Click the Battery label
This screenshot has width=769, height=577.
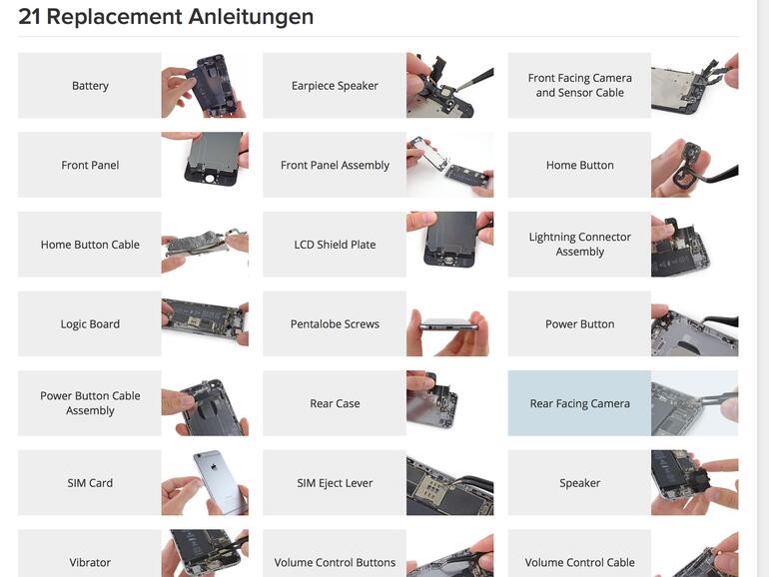[x=90, y=86]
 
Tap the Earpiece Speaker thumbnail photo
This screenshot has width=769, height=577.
[x=449, y=86]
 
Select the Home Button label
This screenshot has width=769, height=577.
[x=579, y=166]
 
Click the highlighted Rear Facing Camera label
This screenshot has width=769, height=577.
[x=579, y=404]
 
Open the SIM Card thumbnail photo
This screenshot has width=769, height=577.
[x=205, y=483]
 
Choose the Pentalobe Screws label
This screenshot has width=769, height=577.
[x=335, y=324]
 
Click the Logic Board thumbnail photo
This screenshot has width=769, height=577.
[x=205, y=324]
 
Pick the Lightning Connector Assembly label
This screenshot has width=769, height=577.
[x=579, y=245]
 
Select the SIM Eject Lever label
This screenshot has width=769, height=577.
[x=335, y=483]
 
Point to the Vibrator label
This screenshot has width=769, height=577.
[x=90, y=562]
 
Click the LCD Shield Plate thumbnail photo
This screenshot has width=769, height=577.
[x=449, y=245]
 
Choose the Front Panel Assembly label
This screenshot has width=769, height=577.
[x=335, y=166]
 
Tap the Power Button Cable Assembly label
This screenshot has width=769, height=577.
[x=90, y=403]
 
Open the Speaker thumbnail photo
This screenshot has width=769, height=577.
[x=694, y=483]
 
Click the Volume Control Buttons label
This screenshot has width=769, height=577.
[x=335, y=562]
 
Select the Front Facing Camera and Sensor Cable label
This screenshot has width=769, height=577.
[x=579, y=86]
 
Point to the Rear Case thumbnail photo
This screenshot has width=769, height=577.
[x=449, y=404]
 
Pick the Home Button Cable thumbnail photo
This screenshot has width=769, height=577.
[x=205, y=245]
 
